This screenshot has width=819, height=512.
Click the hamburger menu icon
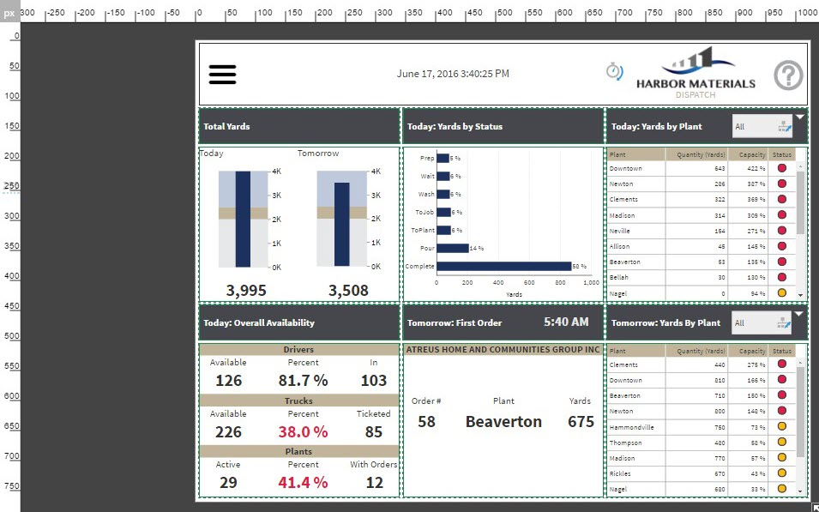pyautogui.click(x=222, y=74)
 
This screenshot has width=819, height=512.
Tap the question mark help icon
pyautogui.click(x=788, y=75)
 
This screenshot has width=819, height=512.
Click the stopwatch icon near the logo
pyautogui.click(x=614, y=70)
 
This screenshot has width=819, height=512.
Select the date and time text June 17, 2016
pyautogui.click(x=453, y=74)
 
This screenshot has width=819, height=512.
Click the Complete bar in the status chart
pyautogui.click(x=503, y=266)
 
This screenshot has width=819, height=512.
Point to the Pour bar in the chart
pyautogui.click(x=453, y=248)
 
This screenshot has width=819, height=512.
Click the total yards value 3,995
pyautogui.click(x=246, y=291)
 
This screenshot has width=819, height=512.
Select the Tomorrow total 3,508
pyautogui.click(x=348, y=291)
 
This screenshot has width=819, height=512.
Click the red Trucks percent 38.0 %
pyautogui.click(x=303, y=431)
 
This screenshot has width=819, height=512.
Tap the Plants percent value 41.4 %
pyautogui.click(x=303, y=483)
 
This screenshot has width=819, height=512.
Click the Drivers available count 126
pyautogui.click(x=228, y=381)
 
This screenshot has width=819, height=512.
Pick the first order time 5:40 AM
pyautogui.click(x=566, y=322)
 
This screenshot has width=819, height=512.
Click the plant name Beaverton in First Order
pyautogui.click(x=503, y=422)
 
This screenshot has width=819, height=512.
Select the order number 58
pyautogui.click(x=426, y=422)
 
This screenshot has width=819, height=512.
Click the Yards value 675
pyautogui.click(x=581, y=422)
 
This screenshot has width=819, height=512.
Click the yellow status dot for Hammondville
pyautogui.click(x=781, y=427)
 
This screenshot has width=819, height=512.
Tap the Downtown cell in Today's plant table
pyautogui.click(x=626, y=169)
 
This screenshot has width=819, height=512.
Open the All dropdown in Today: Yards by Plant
pyautogui.click(x=762, y=127)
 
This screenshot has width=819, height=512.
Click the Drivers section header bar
pyautogui.click(x=298, y=350)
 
